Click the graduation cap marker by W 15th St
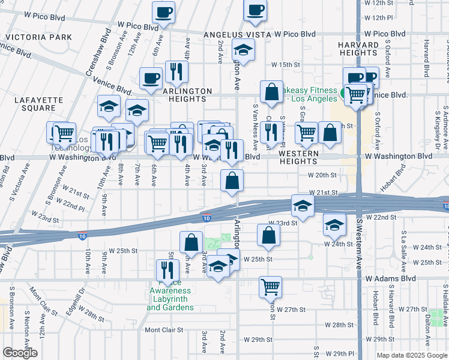(x=243, y=49)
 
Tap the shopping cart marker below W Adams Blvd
(x=271, y=286)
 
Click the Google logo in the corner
(x=20, y=353)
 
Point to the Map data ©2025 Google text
(x=412, y=355)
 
